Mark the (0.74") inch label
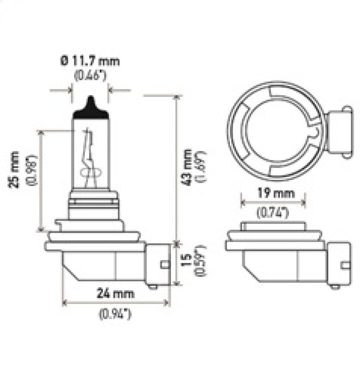point(273,213)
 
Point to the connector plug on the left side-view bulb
point(158,264)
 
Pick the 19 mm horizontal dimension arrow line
point(273,203)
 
